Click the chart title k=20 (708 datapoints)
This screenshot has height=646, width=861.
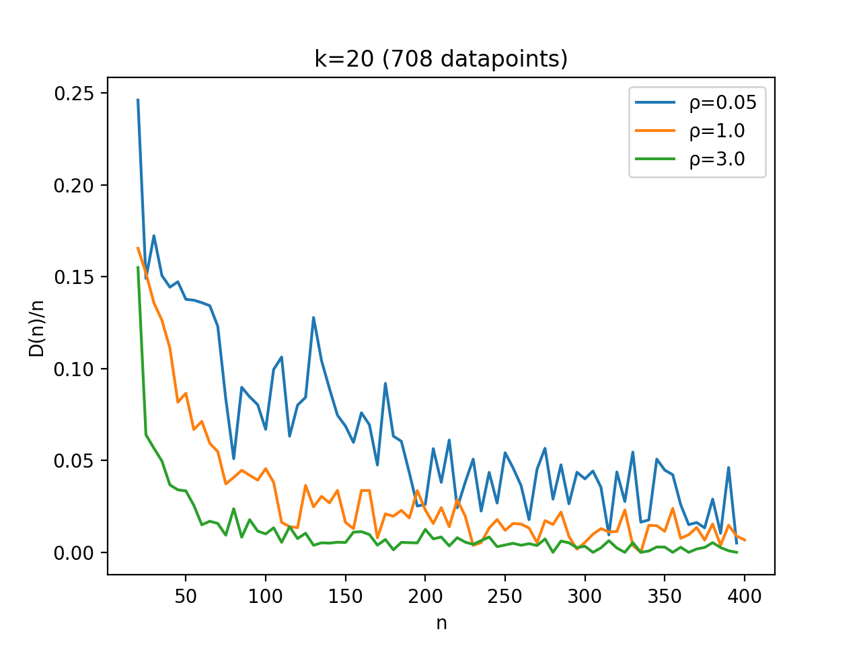click(x=441, y=60)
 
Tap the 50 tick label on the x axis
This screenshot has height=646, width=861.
click(x=186, y=596)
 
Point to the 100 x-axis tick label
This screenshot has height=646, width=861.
click(x=266, y=596)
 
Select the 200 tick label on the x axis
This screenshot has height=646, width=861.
click(x=425, y=596)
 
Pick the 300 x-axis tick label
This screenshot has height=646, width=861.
click(x=585, y=596)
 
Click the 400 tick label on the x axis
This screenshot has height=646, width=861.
click(x=745, y=596)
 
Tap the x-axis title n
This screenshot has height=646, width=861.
click(x=441, y=623)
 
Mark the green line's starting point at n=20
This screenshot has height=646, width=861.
click(x=138, y=267)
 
